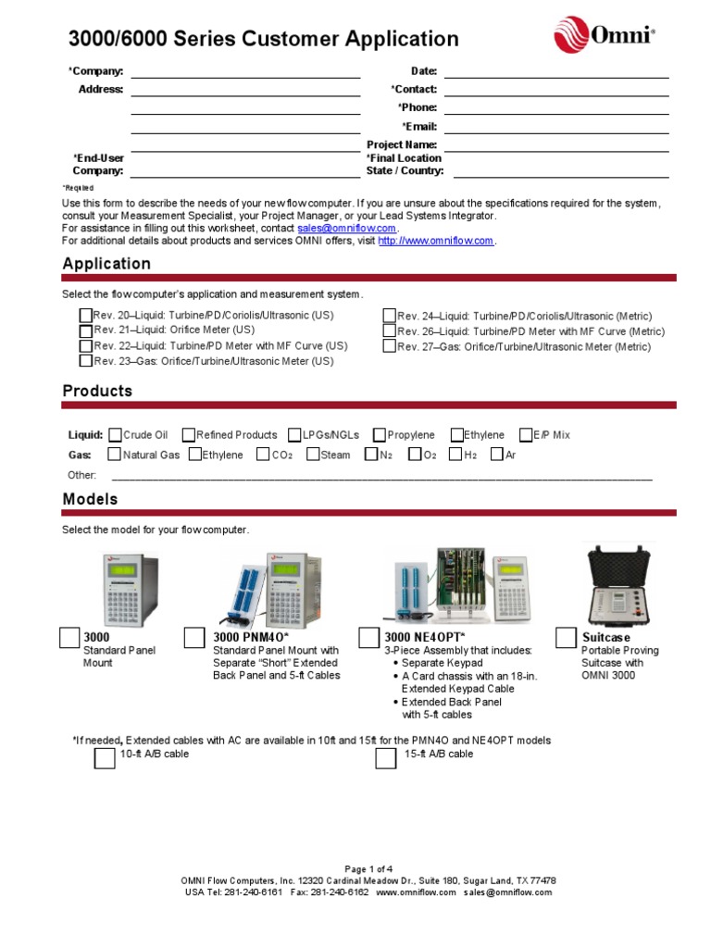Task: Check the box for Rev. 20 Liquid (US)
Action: [86, 316]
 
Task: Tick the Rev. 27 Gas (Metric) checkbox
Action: [390, 346]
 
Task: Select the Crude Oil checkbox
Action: [115, 434]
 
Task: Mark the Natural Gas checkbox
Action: [115, 455]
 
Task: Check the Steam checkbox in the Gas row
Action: [313, 455]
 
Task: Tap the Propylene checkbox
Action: [380, 434]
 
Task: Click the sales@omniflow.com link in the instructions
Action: [346, 228]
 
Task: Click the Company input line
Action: [245, 71]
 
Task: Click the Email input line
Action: [556, 127]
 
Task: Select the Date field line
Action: [556, 71]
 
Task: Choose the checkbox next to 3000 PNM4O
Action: [194, 638]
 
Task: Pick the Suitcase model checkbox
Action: [566, 638]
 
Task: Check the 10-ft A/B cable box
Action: [106, 758]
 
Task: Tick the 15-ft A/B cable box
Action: [386, 758]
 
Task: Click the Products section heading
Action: [97, 391]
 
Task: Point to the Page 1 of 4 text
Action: [368, 868]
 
